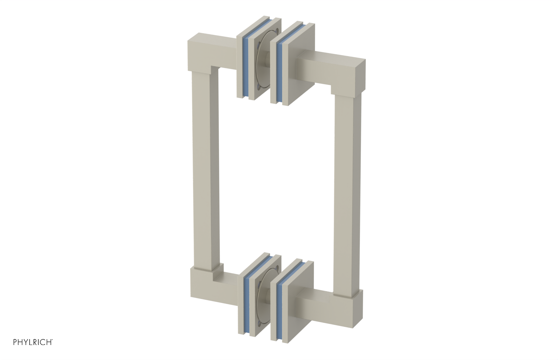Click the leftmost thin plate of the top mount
[x=240, y=66]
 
